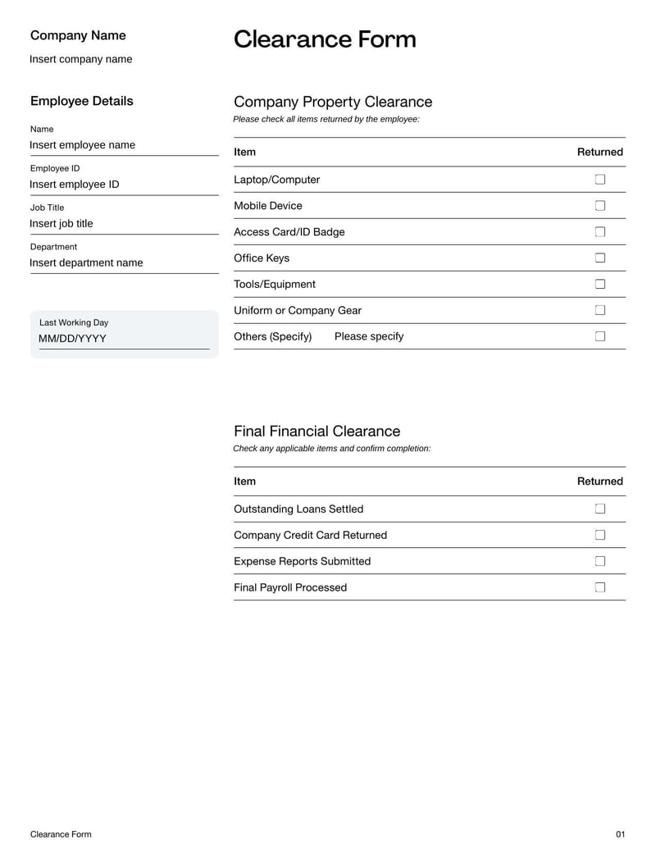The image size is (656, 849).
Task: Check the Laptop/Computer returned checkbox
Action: coord(599,180)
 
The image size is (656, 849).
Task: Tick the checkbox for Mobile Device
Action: coord(599,206)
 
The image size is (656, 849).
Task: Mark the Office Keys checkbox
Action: coord(599,258)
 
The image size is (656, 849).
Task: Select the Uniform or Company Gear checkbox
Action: coord(599,310)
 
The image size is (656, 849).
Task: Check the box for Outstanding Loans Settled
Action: coord(599,509)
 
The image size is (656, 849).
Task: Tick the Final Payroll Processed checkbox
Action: coord(599,587)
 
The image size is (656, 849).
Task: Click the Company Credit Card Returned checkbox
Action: coord(599,535)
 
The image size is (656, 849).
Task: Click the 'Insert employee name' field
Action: coord(83,145)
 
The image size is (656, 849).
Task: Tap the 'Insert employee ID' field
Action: coord(75,185)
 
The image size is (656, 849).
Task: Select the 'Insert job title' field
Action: coord(61,224)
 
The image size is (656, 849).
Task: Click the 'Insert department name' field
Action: coord(86,263)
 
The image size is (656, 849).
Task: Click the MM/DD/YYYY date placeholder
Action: coord(72,339)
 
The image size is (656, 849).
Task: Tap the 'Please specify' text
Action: coord(369,336)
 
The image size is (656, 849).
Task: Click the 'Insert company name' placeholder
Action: coord(80,59)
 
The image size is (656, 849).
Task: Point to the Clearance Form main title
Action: coord(325,39)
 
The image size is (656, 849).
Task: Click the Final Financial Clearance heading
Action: coord(317,431)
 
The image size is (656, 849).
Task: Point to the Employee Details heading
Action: coord(81,101)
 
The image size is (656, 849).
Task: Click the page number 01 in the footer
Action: coord(620,834)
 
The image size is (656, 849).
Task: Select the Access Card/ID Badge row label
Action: coord(289,232)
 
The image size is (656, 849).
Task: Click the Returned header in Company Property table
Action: coord(599,152)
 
